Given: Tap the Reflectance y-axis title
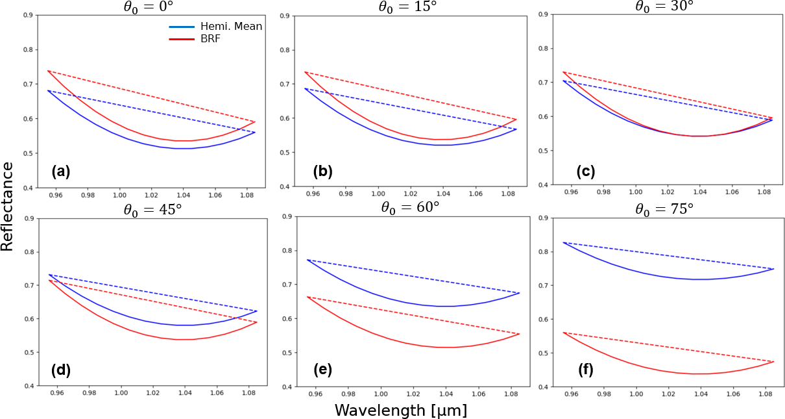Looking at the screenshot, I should pos(8,207).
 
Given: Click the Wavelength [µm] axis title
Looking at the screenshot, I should pos(400,410).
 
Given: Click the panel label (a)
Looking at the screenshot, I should pos(60,171).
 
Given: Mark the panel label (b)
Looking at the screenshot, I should pos(322,171).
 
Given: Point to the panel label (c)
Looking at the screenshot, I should pos(586,171).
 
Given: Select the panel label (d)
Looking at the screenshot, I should pos(60,371).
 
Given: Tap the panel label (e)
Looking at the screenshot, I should pos(322,371).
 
